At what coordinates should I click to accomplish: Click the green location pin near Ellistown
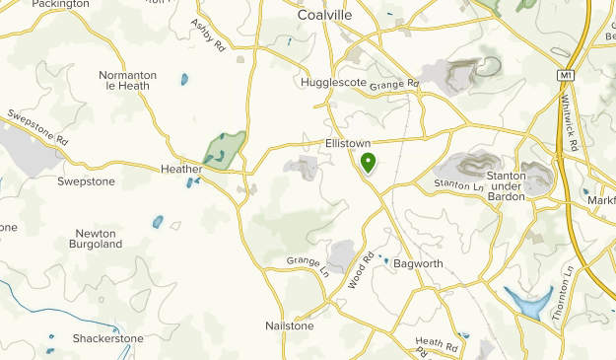click(368, 162)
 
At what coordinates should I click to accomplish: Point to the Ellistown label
click(348, 143)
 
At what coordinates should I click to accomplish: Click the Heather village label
click(181, 169)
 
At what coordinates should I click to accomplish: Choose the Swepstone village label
click(86, 181)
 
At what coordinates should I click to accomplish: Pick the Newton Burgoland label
click(98, 239)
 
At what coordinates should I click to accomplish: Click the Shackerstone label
click(107, 338)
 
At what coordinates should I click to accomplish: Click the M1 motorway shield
click(565, 74)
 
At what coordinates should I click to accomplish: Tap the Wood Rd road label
click(361, 270)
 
